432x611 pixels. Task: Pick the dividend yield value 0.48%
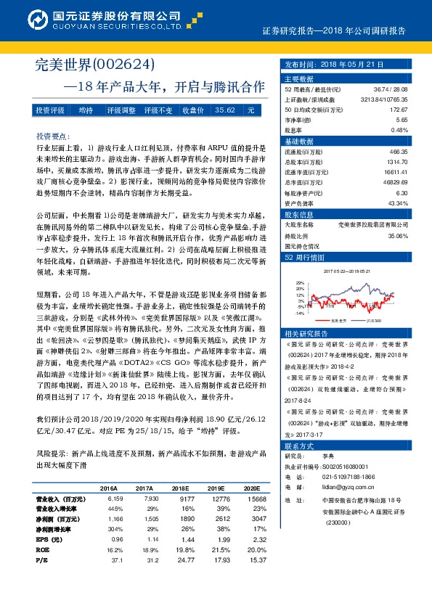pyautogui.click(x=400, y=130)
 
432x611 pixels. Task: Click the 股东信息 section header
pyautogui.click(x=298, y=216)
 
